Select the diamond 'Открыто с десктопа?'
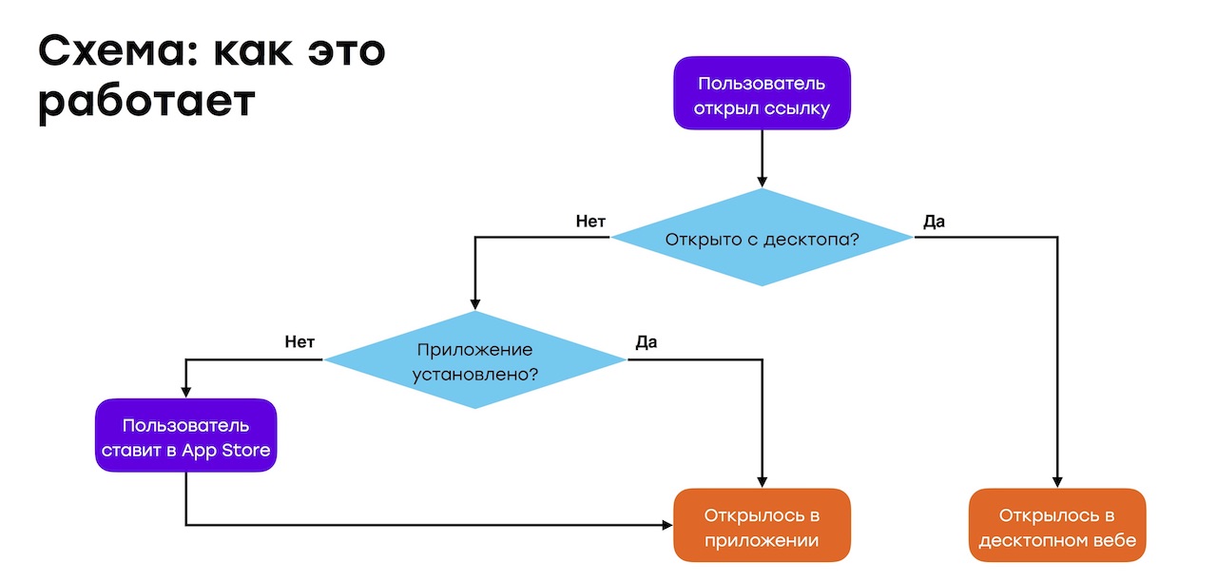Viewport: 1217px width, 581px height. [x=762, y=238]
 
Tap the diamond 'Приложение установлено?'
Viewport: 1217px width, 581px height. [x=474, y=360]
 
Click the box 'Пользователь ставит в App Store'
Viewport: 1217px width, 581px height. [x=185, y=436]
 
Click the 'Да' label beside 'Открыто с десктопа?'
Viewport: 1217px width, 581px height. [x=934, y=222]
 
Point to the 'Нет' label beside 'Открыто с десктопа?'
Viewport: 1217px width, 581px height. [x=590, y=222]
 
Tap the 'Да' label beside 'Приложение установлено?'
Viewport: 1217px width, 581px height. [x=646, y=342]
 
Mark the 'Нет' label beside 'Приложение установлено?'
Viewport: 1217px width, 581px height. [x=299, y=342]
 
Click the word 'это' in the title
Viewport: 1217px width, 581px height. [x=338, y=51]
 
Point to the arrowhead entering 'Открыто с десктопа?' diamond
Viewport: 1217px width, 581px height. [x=762, y=182]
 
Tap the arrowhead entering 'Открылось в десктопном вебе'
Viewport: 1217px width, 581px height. [x=1057, y=482]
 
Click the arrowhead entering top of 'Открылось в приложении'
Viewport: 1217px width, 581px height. [x=762, y=482]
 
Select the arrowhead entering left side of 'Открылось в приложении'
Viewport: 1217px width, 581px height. [x=667, y=524]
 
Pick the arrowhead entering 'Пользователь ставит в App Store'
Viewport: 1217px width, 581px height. [x=185, y=392]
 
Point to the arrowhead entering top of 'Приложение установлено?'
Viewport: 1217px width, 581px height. [x=474, y=304]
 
